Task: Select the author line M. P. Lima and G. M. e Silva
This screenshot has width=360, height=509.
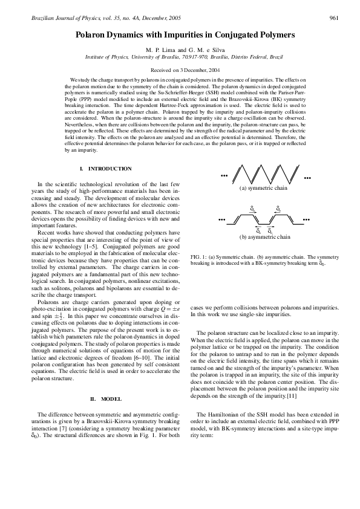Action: coord(180,49)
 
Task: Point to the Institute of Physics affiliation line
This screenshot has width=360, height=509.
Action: coord(180,56)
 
